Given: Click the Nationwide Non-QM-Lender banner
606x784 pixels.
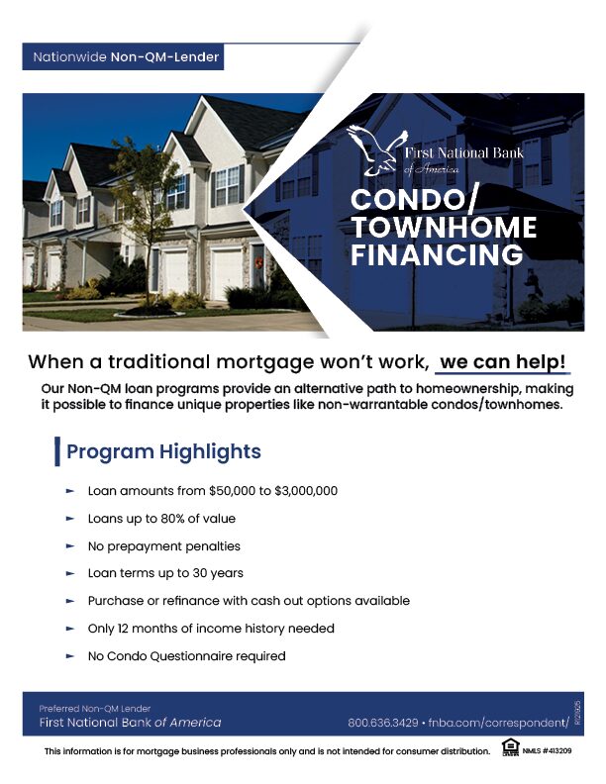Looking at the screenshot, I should [x=126, y=57].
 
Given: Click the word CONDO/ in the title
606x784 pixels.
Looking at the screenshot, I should [x=415, y=200].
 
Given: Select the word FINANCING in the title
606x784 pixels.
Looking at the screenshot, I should [x=437, y=255].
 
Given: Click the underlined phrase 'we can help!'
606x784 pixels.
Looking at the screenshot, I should [x=503, y=362].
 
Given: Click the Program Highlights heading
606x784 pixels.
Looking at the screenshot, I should [x=163, y=452].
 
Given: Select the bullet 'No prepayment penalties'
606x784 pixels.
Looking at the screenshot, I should [x=164, y=546].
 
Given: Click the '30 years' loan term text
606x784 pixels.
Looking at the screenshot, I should [x=220, y=573].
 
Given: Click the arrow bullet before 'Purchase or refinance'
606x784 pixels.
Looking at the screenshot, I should [x=70, y=601].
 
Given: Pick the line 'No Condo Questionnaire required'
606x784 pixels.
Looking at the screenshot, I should [x=186, y=656].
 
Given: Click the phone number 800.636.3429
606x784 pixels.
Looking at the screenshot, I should [x=383, y=723].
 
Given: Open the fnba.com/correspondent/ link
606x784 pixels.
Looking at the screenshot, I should [x=498, y=723].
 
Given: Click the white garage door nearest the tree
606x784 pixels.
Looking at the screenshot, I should [x=174, y=272].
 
